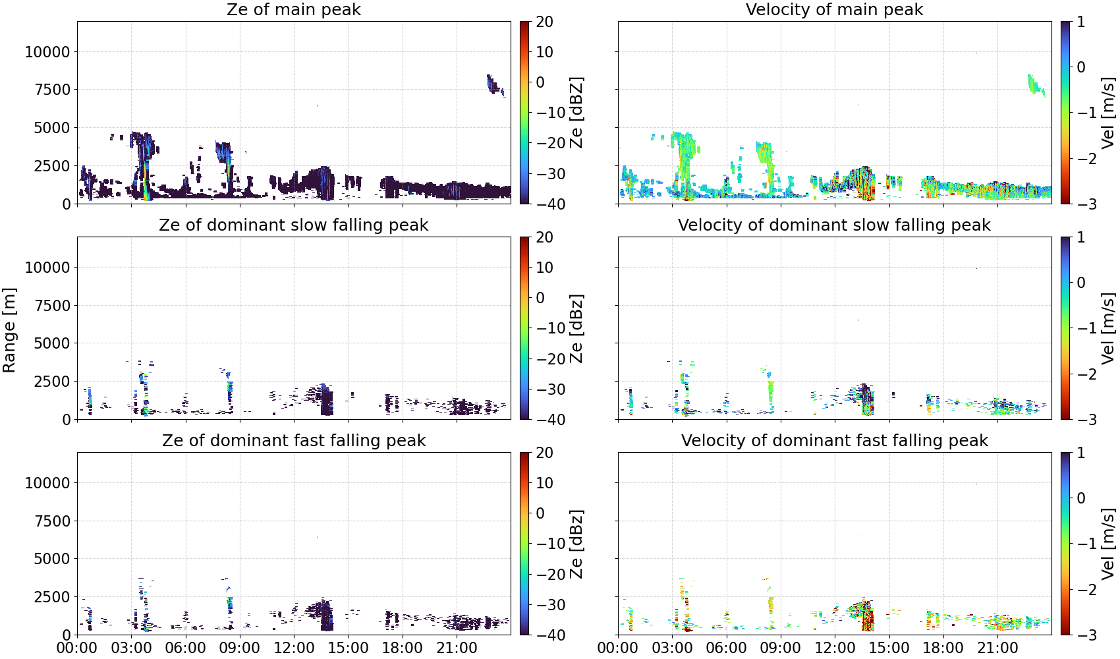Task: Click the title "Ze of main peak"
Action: click(x=293, y=9)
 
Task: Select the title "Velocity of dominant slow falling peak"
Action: click(x=834, y=225)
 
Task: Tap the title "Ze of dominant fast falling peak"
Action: click(x=293, y=440)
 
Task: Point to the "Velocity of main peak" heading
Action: click(x=834, y=9)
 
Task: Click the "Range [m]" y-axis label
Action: click(x=9, y=330)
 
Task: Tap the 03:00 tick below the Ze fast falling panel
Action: click(x=132, y=648)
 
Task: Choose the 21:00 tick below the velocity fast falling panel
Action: click(x=997, y=648)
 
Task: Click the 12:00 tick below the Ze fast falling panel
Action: click(x=294, y=648)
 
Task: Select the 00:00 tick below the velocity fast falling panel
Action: click(x=618, y=648)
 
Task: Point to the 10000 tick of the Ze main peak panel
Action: click(x=48, y=51)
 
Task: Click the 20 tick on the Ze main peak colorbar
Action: click(x=544, y=22)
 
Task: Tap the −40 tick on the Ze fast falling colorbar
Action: click(x=549, y=635)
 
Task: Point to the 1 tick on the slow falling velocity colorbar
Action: click(x=1080, y=237)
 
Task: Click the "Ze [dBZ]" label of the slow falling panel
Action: click(x=576, y=328)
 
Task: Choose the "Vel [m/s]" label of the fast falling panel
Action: click(x=1108, y=544)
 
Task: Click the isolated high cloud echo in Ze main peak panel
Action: click(x=495, y=85)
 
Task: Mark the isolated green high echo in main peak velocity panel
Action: click(x=1036, y=85)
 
